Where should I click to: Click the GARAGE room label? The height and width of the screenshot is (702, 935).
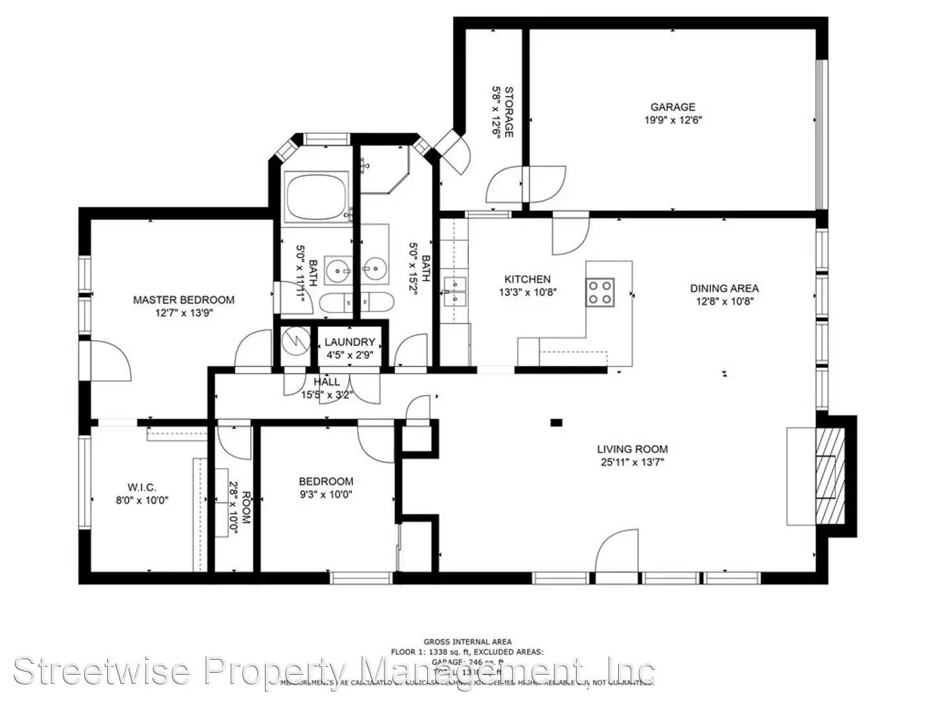(x=673, y=107)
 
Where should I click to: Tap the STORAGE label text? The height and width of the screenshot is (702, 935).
(x=509, y=112)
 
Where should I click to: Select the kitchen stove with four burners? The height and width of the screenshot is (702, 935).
(x=599, y=292)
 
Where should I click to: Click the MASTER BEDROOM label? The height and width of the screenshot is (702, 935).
(x=184, y=300)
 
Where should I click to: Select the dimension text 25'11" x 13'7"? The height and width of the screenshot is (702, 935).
(x=632, y=462)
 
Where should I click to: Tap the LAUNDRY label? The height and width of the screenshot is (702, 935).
(x=350, y=342)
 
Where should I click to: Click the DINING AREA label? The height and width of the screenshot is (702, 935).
(x=724, y=288)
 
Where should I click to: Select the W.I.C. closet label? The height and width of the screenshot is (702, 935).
(x=142, y=487)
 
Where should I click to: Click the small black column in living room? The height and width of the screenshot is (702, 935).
(x=556, y=422)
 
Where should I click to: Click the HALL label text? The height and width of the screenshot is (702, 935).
(x=326, y=382)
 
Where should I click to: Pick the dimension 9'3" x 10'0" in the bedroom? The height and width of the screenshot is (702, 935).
(x=326, y=494)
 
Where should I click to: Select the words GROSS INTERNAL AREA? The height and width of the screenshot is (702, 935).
(x=467, y=642)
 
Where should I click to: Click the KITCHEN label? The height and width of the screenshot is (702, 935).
(x=528, y=279)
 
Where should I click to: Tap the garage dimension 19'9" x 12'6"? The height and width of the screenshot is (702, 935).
(x=673, y=120)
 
